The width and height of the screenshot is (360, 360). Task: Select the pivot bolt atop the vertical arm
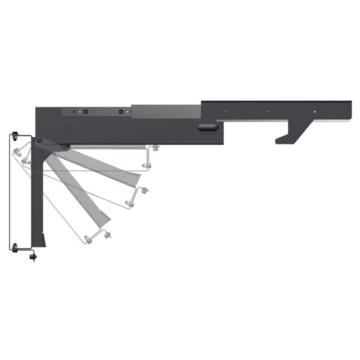click(x=39, y=141)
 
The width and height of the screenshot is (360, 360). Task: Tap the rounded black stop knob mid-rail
click(x=206, y=127)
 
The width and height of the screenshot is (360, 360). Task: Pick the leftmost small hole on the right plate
click(x=226, y=111)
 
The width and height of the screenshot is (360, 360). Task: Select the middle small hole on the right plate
click(x=268, y=111)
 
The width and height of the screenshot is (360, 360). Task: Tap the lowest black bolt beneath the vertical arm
click(x=33, y=257)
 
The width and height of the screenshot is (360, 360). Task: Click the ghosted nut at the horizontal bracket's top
click(x=155, y=148)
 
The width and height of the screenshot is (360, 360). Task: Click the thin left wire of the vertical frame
click(x=11, y=191)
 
